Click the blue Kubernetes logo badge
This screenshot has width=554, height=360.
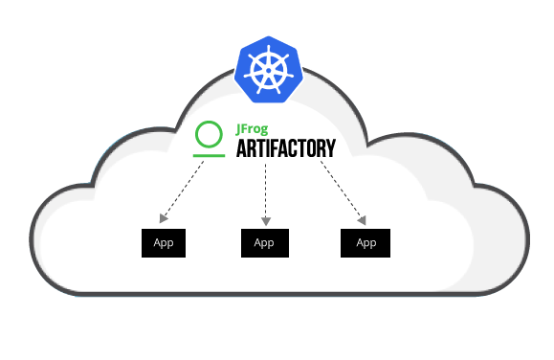(x=267, y=68)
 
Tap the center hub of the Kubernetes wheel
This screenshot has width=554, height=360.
(x=267, y=69)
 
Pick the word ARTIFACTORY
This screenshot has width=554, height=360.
(x=286, y=148)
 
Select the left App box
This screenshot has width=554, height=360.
(x=163, y=242)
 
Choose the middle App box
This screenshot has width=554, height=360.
(x=264, y=242)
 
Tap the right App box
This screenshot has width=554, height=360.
(x=366, y=242)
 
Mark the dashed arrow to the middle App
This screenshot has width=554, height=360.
(x=265, y=191)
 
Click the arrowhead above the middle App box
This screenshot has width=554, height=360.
(x=265, y=221)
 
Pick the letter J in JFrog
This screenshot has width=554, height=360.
(x=239, y=128)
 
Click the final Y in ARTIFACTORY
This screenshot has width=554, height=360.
(x=330, y=148)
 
